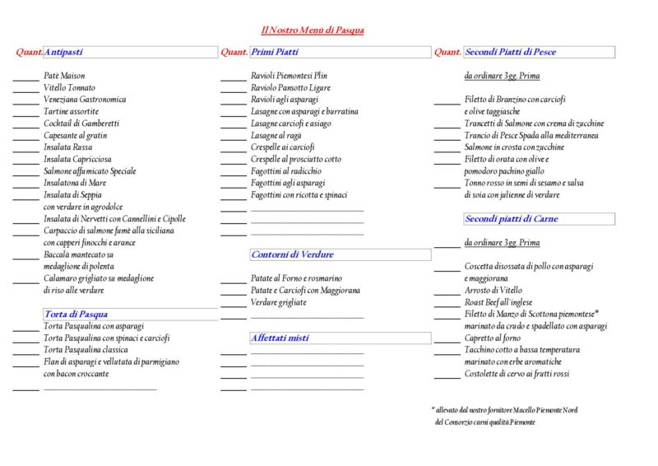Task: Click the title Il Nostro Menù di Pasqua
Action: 313,30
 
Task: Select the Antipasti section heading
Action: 63,52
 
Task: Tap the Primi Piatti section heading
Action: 275,52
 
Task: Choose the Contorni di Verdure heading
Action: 293,254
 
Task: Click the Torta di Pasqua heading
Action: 76,314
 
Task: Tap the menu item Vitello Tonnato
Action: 70,87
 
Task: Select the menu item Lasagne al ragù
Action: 276,135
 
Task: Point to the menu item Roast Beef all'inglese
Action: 498,302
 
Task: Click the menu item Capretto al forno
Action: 492,338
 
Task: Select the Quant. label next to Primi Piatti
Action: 234,52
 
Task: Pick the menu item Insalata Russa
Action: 67,147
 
